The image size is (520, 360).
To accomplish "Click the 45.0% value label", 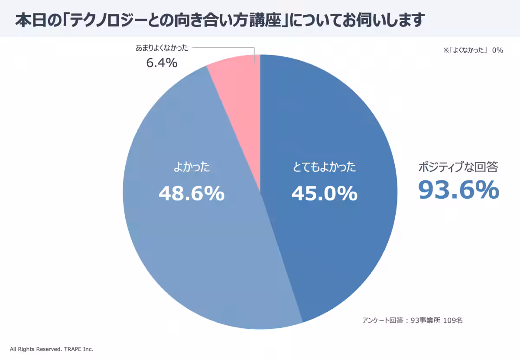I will click(x=324, y=193).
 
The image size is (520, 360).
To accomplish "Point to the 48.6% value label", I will click(x=191, y=193).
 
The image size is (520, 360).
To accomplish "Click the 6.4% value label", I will click(x=162, y=63).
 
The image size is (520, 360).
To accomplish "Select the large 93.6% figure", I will click(x=458, y=190).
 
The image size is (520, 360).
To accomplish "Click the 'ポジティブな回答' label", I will click(x=458, y=167).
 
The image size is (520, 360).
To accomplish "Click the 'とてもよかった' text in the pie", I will click(x=324, y=167).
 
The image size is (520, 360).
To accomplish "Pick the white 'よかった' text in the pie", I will click(x=191, y=167).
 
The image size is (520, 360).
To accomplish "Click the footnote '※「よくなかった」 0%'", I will click(x=472, y=50).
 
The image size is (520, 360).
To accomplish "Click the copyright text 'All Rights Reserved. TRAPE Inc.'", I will click(x=52, y=349).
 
